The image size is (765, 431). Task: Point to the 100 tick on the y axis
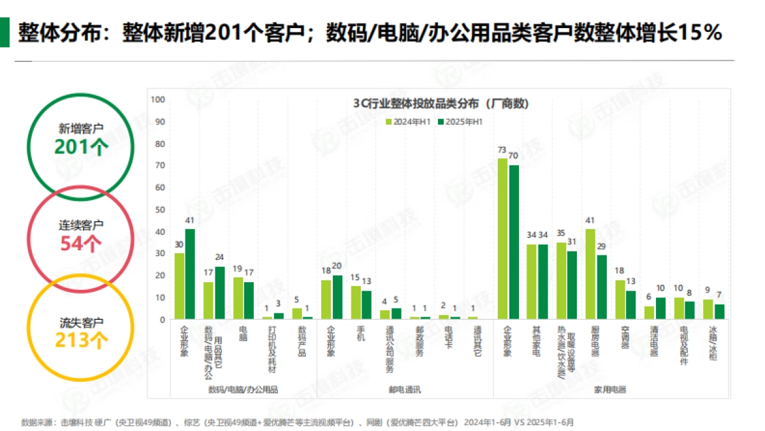click(x=159, y=100)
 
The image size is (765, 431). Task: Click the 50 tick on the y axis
click(x=161, y=209)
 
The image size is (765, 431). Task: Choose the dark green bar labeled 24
click(x=220, y=292)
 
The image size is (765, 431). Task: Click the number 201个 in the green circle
click(x=81, y=147)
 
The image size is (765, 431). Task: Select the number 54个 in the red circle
click(x=81, y=243)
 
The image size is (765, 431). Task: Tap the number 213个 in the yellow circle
click(x=81, y=340)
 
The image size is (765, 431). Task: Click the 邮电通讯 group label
click(x=405, y=388)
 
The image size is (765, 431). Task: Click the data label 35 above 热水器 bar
click(x=561, y=233)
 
